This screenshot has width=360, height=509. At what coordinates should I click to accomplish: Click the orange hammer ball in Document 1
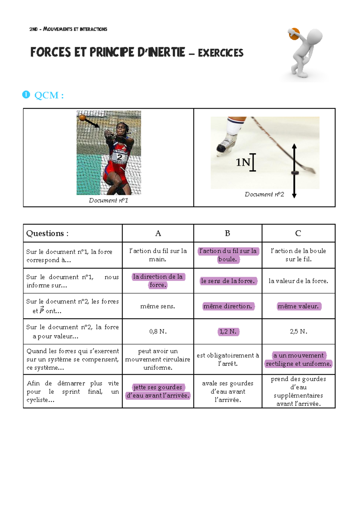[x=82, y=118]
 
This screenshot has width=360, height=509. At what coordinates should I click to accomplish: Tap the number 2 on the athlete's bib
[x=119, y=157]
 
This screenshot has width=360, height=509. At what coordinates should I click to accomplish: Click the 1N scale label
[x=243, y=162]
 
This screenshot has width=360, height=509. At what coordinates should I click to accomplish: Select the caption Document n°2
[x=264, y=194]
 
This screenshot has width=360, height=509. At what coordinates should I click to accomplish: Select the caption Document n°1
[x=109, y=200]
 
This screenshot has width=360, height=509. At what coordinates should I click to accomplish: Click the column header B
[x=227, y=233]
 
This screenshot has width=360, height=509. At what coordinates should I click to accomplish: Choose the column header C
[x=298, y=233]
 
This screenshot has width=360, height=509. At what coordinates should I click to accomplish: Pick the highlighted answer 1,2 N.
[x=228, y=332]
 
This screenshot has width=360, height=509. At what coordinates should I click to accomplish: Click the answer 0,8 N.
[x=158, y=332]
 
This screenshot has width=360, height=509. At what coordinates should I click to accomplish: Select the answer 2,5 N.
[x=298, y=332]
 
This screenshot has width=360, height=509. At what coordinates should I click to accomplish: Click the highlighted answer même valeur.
[x=298, y=306]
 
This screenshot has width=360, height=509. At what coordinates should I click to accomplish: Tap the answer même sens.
[x=157, y=306]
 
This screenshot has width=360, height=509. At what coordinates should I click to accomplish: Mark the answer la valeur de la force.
[x=298, y=281]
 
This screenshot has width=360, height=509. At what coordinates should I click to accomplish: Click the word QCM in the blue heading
[x=46, y=95]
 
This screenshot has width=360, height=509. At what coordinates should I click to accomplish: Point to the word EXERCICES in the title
[x=220, y=53]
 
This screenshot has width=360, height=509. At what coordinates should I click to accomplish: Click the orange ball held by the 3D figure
[x=294, y=34]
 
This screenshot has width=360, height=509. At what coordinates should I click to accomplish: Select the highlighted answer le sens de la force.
[x=228, y=281]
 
